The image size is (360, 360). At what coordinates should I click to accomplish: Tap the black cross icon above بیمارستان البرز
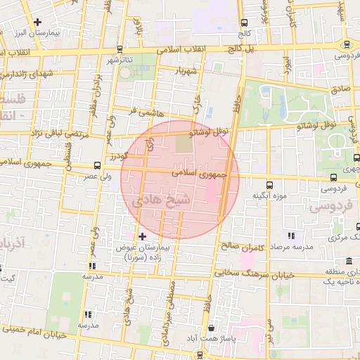pos(37,22)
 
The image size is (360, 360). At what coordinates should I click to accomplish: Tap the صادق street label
pos(340,89)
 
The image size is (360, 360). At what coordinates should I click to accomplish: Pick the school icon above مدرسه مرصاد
pos(291,236)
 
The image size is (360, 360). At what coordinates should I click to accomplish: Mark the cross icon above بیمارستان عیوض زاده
pos(143,236)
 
